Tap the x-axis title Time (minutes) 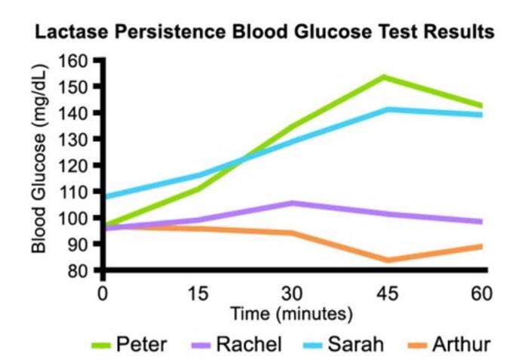coord(291,312)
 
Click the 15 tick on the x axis coord(198,292)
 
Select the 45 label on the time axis coord(385,292)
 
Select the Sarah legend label coord(355,345)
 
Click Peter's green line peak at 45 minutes coord(385,77)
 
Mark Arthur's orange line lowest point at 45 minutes coord(386,260)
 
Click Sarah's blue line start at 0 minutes coord(104,197)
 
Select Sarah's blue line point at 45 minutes coord(386,109)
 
